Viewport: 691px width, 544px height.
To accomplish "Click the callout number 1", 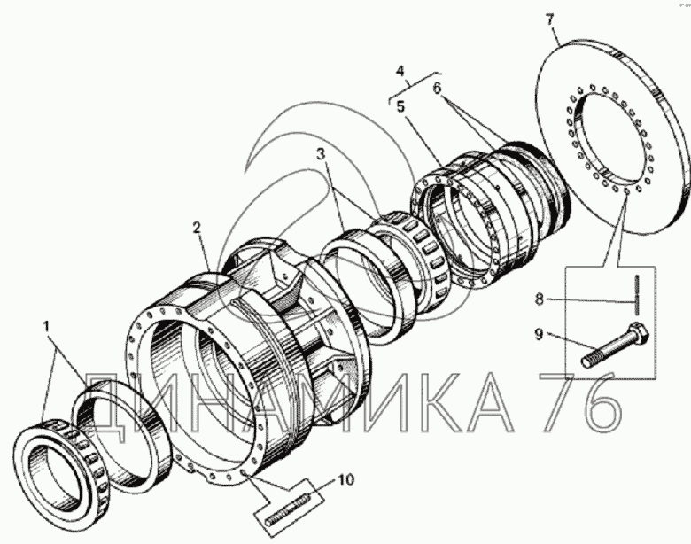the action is tap(47, 327).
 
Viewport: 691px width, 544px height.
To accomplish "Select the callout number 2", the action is tap(197, 228).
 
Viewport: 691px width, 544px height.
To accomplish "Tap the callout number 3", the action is tap(321, 154).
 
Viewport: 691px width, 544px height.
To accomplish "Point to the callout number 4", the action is tap(400, 71).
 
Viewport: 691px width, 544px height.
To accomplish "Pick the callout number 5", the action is tap(400, 106).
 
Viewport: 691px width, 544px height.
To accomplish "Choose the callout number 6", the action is tap(436, 89).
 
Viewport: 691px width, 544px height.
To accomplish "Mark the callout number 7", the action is tap(549, 20).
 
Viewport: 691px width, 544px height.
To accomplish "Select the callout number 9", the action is tap(539, 334).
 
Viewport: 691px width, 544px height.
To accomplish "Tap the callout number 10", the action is tap(345, 479).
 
